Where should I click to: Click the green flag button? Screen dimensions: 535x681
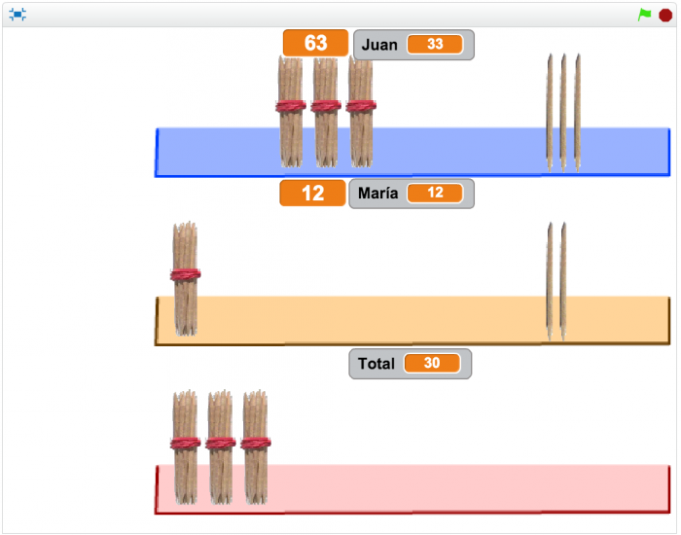644,15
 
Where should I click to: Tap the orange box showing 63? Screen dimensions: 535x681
315,43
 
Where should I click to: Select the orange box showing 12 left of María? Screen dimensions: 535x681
312,193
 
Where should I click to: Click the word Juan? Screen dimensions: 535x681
379,45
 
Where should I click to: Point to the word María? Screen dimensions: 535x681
377,194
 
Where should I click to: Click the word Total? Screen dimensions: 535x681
376,364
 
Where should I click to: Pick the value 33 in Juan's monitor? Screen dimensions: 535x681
435,45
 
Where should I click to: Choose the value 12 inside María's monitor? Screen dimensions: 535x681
435,194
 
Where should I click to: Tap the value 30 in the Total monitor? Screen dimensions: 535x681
432,364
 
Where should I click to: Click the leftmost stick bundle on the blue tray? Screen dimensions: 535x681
291,111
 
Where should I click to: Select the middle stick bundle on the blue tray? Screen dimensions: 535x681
326,111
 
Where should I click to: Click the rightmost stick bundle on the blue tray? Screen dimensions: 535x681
360,111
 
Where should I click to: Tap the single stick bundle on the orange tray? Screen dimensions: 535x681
186,279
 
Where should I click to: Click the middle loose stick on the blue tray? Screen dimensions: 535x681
563,112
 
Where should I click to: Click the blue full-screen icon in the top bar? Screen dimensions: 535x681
18,15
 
